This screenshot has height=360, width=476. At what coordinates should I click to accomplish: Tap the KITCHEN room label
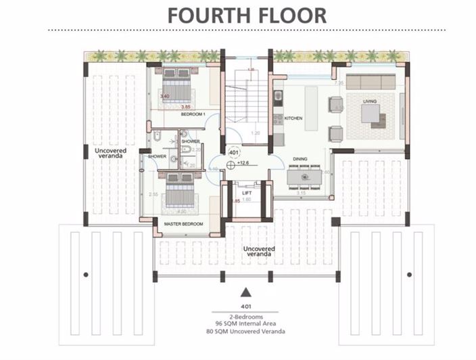coord(293,118)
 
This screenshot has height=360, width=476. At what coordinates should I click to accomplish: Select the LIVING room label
coord(370,102)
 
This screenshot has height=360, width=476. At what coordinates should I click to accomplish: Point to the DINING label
coord(301,160)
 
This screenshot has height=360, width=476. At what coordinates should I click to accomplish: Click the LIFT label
coord(247,193)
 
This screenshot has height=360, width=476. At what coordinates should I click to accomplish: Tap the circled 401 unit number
coord(233,153)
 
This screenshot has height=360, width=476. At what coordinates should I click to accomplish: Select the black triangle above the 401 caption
coord(247,292)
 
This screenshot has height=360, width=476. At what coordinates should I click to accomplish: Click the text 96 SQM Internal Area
coord(247,323)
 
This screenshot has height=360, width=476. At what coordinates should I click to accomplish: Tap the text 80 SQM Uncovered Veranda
coord(247,332)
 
